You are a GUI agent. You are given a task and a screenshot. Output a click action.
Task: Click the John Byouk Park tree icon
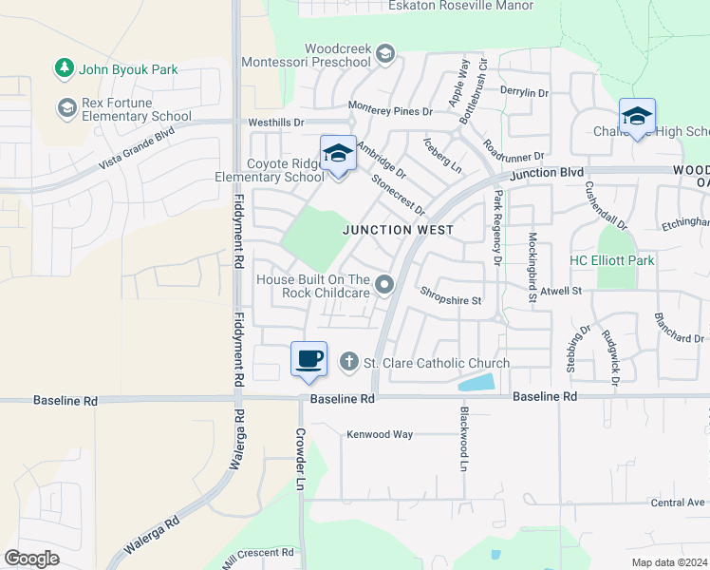(x=65, y=68)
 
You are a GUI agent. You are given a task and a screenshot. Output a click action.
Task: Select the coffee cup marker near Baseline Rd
(x=308, y=360)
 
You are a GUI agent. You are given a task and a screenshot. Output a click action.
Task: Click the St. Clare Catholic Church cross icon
(x=348, y=362)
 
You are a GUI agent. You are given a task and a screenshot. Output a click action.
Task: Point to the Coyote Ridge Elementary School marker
(x=338, y=153)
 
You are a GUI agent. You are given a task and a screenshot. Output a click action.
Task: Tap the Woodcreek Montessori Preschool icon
(x=384, y=54)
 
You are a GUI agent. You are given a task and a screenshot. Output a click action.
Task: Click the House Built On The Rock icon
(x=384, y=284)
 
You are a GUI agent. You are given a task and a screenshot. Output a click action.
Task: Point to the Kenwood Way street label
(x=379, y=434)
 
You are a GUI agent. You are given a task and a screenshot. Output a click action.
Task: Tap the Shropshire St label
(x=452, y=300)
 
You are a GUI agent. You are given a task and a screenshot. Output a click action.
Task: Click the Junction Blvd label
(x=546, y=174)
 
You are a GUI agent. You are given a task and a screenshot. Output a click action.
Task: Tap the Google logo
(x=31, y=558)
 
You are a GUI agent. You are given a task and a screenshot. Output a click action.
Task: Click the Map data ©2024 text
(x=669, y=562)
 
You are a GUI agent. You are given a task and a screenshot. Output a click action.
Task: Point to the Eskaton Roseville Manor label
(x=460, y=6)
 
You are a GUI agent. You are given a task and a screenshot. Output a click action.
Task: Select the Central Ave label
(x=679, y=502)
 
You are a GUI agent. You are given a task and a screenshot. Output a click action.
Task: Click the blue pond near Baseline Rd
(x=476, y=383)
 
